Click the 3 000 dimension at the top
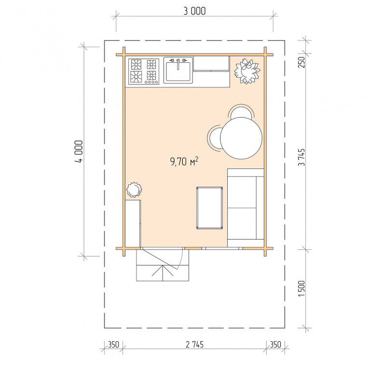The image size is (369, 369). [x=194, y=11]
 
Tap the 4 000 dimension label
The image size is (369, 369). [x=79, y=152]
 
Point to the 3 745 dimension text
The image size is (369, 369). [x=301, y=157]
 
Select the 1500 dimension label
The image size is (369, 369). [x=301, y=289]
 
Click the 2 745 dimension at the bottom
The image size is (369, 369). [x=194, y=344]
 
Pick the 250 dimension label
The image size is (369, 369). [x=301, y=62]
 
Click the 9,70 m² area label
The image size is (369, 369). [x=184, y=162]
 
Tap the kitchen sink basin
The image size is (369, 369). [x=178, y=71]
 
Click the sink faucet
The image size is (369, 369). [x=178, y=64]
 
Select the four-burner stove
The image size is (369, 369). [x=144, y=71]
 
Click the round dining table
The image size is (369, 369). [x=241, y=138]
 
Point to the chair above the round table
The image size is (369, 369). [x=241, y=111]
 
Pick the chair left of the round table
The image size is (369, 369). [x=214, y=138]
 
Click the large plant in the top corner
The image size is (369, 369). [x=247, y=71]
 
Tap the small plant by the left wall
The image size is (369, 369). [x=134, y=190]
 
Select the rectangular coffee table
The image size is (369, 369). [x=209, y=208]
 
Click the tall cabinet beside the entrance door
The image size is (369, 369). [x=133, y=223]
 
